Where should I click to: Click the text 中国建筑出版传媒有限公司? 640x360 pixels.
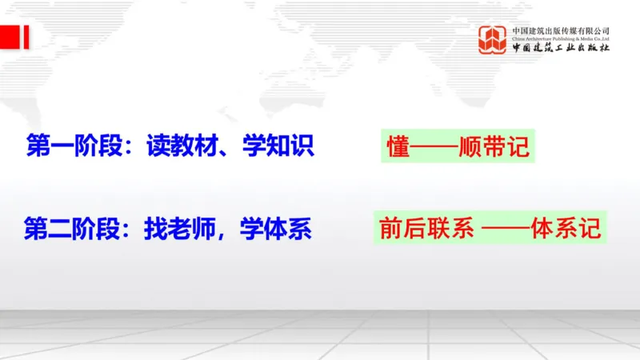[x=561, y=30]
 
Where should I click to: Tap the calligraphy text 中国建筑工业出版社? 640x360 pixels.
[x=561, y=48]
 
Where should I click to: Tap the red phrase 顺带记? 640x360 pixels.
[x=494, y=149]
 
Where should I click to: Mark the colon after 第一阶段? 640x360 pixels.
[x=134, y=148]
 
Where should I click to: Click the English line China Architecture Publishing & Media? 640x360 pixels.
[x=561, y=38]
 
